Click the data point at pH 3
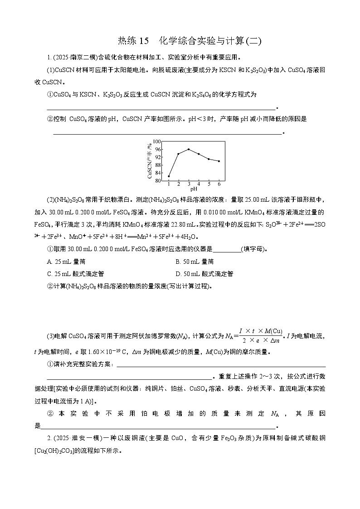[189, 149]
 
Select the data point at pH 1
[169, 176]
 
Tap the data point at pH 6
[219, 161]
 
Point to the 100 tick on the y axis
[157, 141]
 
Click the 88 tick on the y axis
[157, 165]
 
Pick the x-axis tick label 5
[209, 184]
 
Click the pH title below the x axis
[194, 189]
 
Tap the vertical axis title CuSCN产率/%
[149, 161]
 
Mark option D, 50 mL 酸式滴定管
[204, 273]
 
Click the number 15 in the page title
[144, 41]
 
